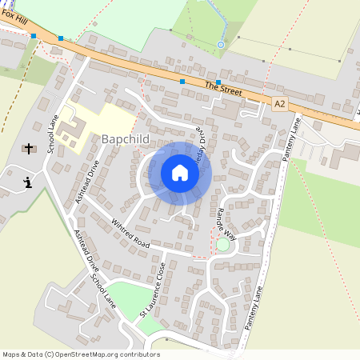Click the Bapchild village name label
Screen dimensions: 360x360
(126, 139)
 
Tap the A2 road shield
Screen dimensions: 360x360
(279, 103)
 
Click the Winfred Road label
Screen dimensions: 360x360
(130, 232)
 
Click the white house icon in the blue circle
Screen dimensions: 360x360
(180, 173)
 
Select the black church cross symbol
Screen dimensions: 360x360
(30, 149)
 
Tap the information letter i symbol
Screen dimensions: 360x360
(29, 183)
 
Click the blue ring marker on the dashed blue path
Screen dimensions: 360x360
(221, 44)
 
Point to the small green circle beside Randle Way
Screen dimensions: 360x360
(222, 244)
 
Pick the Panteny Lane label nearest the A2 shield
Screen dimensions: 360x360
(290, 140)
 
